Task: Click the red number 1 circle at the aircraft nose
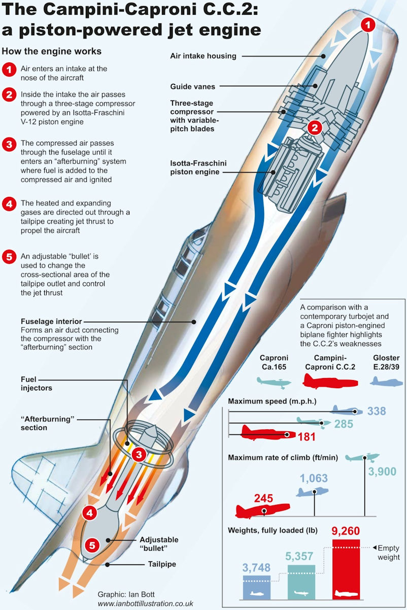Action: pyautogui.click(x=369, y=24)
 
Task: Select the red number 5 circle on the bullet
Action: pyautogui.click(x=92, y=546)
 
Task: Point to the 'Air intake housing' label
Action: pyautogui.click(x=203, y=56)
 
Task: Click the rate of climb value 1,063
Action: pyautogui.click(x=314, y=478)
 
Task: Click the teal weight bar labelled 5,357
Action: pyautogui.click(x=301, y=581)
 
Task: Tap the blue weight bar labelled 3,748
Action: pyautogui.click(x=257, y=586)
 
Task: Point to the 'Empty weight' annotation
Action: pyautogui.click(x=389, y=552)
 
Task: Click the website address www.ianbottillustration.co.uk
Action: pyautogui.click(x=145, y=603)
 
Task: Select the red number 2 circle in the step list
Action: pyautogui.click(x=8, y=94)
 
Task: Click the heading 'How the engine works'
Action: pyautogui.click(x=52, y=51)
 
